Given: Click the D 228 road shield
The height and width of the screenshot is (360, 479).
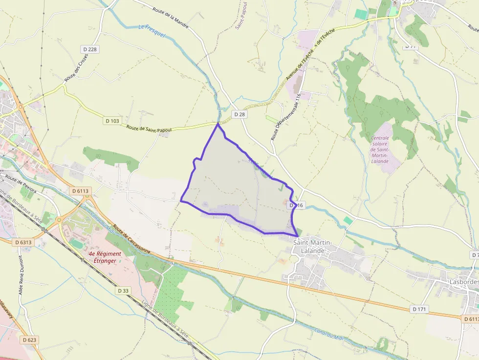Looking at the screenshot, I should coord(90,49).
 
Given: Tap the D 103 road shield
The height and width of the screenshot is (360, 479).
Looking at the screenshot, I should coord(112,120).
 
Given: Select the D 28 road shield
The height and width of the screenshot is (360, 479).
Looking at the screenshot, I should coord(239,114).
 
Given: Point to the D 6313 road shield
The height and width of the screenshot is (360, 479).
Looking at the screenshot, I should coord(23,242).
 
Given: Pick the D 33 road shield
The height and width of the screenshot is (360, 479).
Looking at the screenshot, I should coord(123,290).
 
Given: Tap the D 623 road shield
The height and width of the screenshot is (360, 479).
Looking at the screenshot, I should coord(29,339).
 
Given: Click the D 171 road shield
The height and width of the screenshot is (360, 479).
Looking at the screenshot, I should coord(419,309).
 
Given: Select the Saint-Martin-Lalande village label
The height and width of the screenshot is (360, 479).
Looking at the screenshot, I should coord(313,247).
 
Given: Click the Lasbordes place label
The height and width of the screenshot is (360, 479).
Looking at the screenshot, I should coord(463,282).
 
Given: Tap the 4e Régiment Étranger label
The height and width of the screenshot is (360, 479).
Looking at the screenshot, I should coord(102,257).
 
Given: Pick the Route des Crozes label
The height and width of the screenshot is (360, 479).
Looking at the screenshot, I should coord(77,67).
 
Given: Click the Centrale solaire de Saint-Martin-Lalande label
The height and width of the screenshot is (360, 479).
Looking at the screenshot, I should coord(380,150).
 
